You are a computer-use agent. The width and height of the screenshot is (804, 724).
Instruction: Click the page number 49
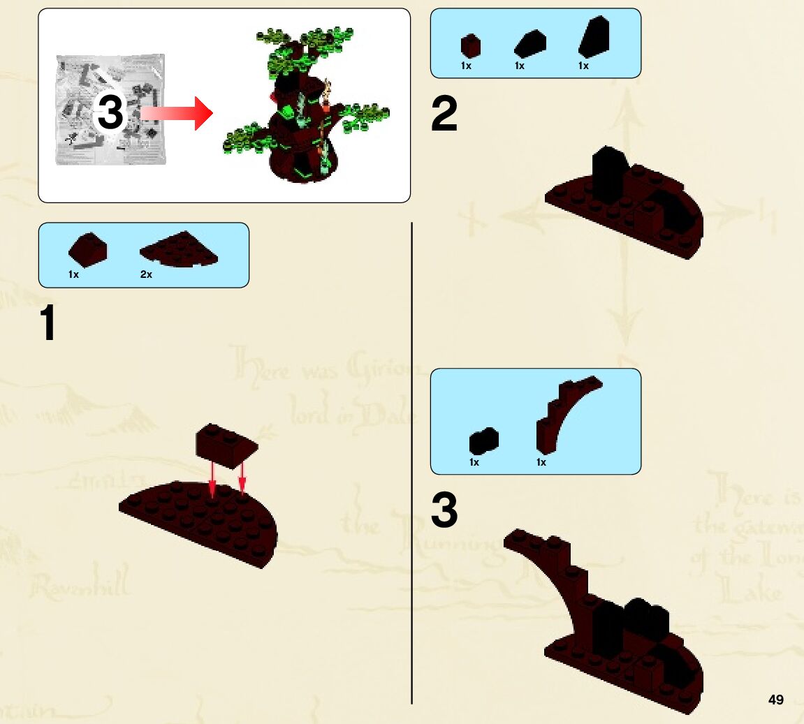click(x=775, y=700)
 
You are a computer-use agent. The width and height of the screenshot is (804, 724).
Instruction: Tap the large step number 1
click(x=47, y=323)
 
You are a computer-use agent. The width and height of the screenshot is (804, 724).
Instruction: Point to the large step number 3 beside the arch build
click(x=444, y=510)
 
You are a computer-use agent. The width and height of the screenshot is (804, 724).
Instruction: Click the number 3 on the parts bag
click(x=110, y=113)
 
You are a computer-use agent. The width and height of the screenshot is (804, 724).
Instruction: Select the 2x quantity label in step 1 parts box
click(x=146, y=274)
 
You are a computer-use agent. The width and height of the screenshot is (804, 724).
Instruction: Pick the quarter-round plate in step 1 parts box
click(x=179, y=249)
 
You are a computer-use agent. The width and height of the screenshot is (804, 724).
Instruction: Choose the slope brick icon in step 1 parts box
click(x=87, y=249)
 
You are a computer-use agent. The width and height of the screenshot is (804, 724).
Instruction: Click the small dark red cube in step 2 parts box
click(x=470, y=46)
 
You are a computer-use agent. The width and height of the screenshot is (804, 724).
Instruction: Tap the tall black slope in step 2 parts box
click(x=594, y=38)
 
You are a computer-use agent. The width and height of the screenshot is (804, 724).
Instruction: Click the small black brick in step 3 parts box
click(x=483, y=441)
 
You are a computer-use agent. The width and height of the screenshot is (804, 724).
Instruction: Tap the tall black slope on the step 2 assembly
click(x=607, y=170)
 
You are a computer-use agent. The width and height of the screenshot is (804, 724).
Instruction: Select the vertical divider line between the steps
click(x=412, y=461)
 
